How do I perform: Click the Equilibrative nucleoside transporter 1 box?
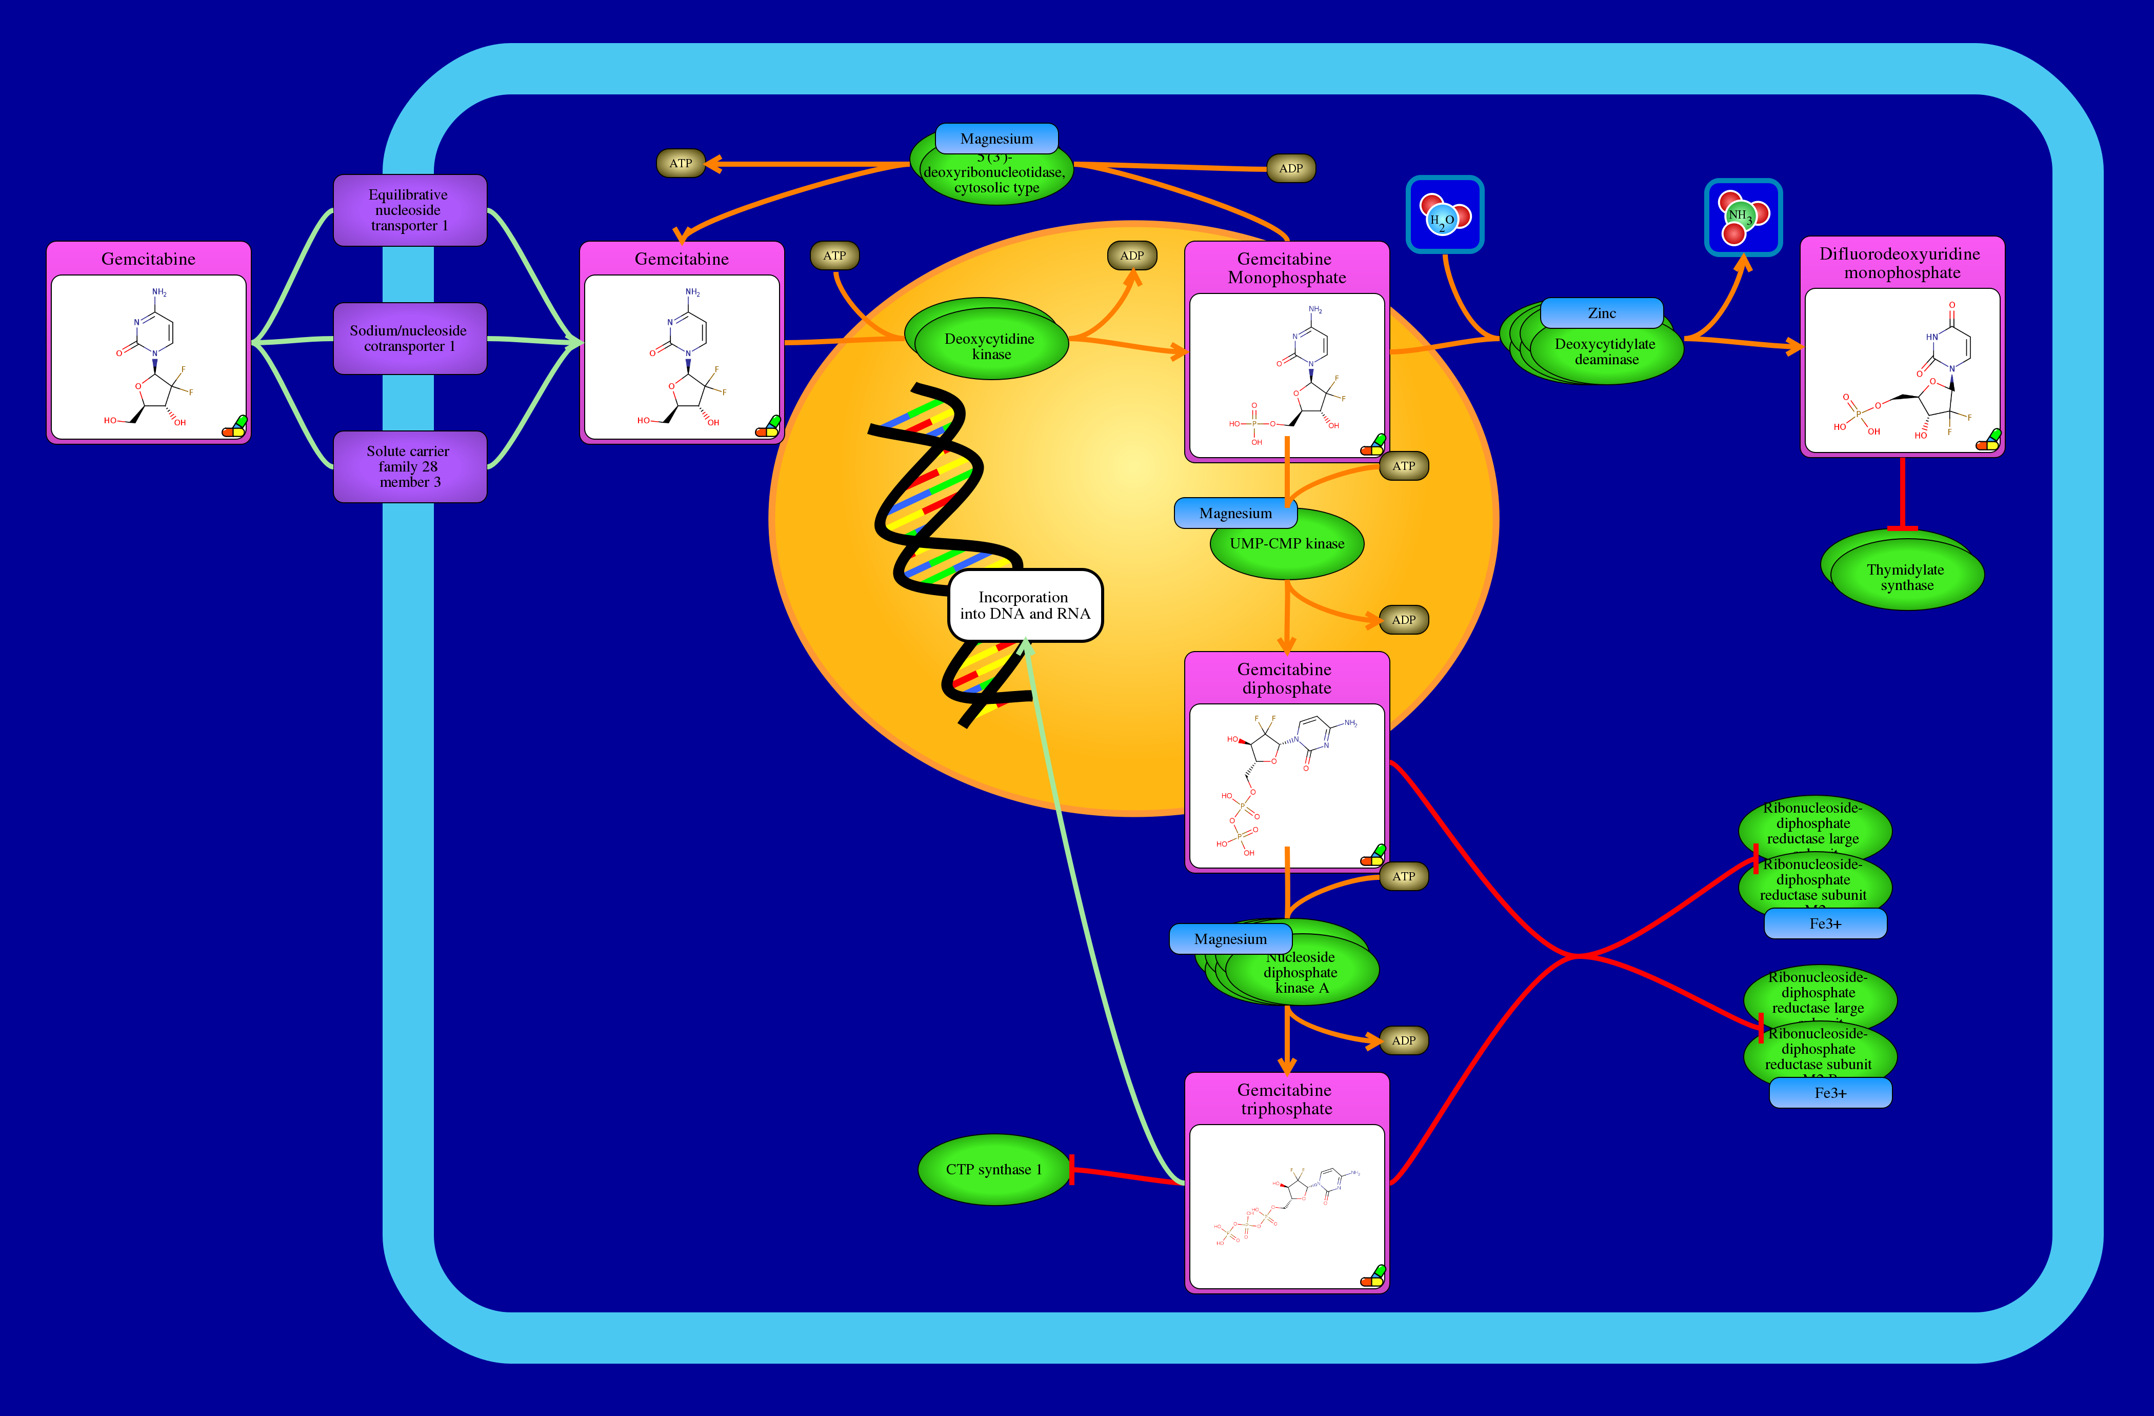tap(409, 210)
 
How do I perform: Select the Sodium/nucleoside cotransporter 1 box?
tap(409, 339)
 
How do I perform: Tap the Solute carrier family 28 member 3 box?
tap(409, 466)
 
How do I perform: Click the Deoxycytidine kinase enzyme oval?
tap(990, 346)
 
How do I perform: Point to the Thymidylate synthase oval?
tap(1906, 577)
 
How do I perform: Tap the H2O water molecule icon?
tap(1444, 214)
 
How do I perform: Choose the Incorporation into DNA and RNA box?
tap(1025, 605)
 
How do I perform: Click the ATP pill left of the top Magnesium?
tap(681, 164)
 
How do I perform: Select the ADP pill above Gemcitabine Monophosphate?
tap(1131, 255)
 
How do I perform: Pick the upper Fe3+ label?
tap(1825, 923)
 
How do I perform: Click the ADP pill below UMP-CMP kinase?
tap(1403, 620)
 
